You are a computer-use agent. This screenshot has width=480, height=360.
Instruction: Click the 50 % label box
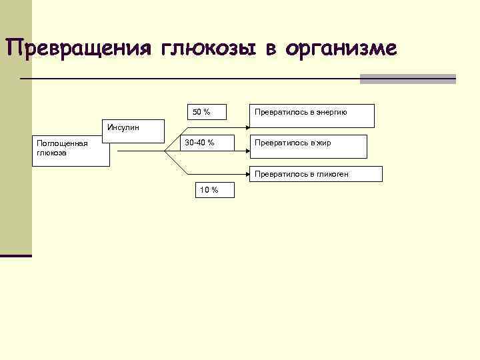pyautogui.click(x=202, y=113)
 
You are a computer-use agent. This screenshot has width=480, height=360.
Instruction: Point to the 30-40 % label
pyautogui.click(x=200, y=143)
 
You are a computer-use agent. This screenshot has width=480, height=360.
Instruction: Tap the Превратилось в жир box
pyautogui.click(x=308, y=146)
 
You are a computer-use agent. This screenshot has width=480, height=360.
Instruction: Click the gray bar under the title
pyautogui.click(x=407, y=79)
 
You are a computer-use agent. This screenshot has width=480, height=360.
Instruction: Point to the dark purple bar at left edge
pyautogui.click(x=16, y=255)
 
